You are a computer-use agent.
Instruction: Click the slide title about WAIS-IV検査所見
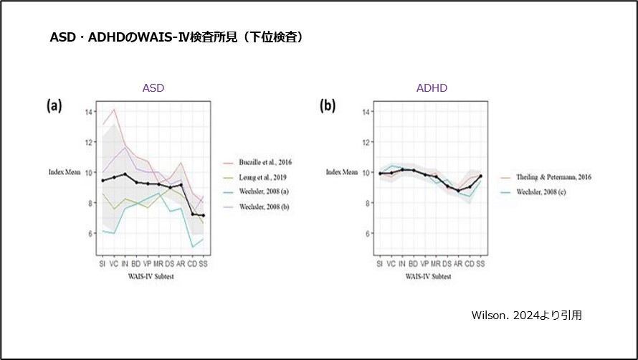[175, 37]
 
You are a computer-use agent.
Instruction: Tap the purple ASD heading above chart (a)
[153, 88]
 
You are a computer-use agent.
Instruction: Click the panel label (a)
[54, 106]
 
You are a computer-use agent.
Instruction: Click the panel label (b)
[328, 106]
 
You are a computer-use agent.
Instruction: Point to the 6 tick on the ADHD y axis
[365, 234]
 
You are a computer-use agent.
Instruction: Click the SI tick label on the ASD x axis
[103, 264]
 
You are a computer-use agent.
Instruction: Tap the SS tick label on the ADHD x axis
[480, 264]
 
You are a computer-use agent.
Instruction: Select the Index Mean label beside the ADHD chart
[342, 172]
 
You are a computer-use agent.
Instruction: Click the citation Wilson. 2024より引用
[526, 315]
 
